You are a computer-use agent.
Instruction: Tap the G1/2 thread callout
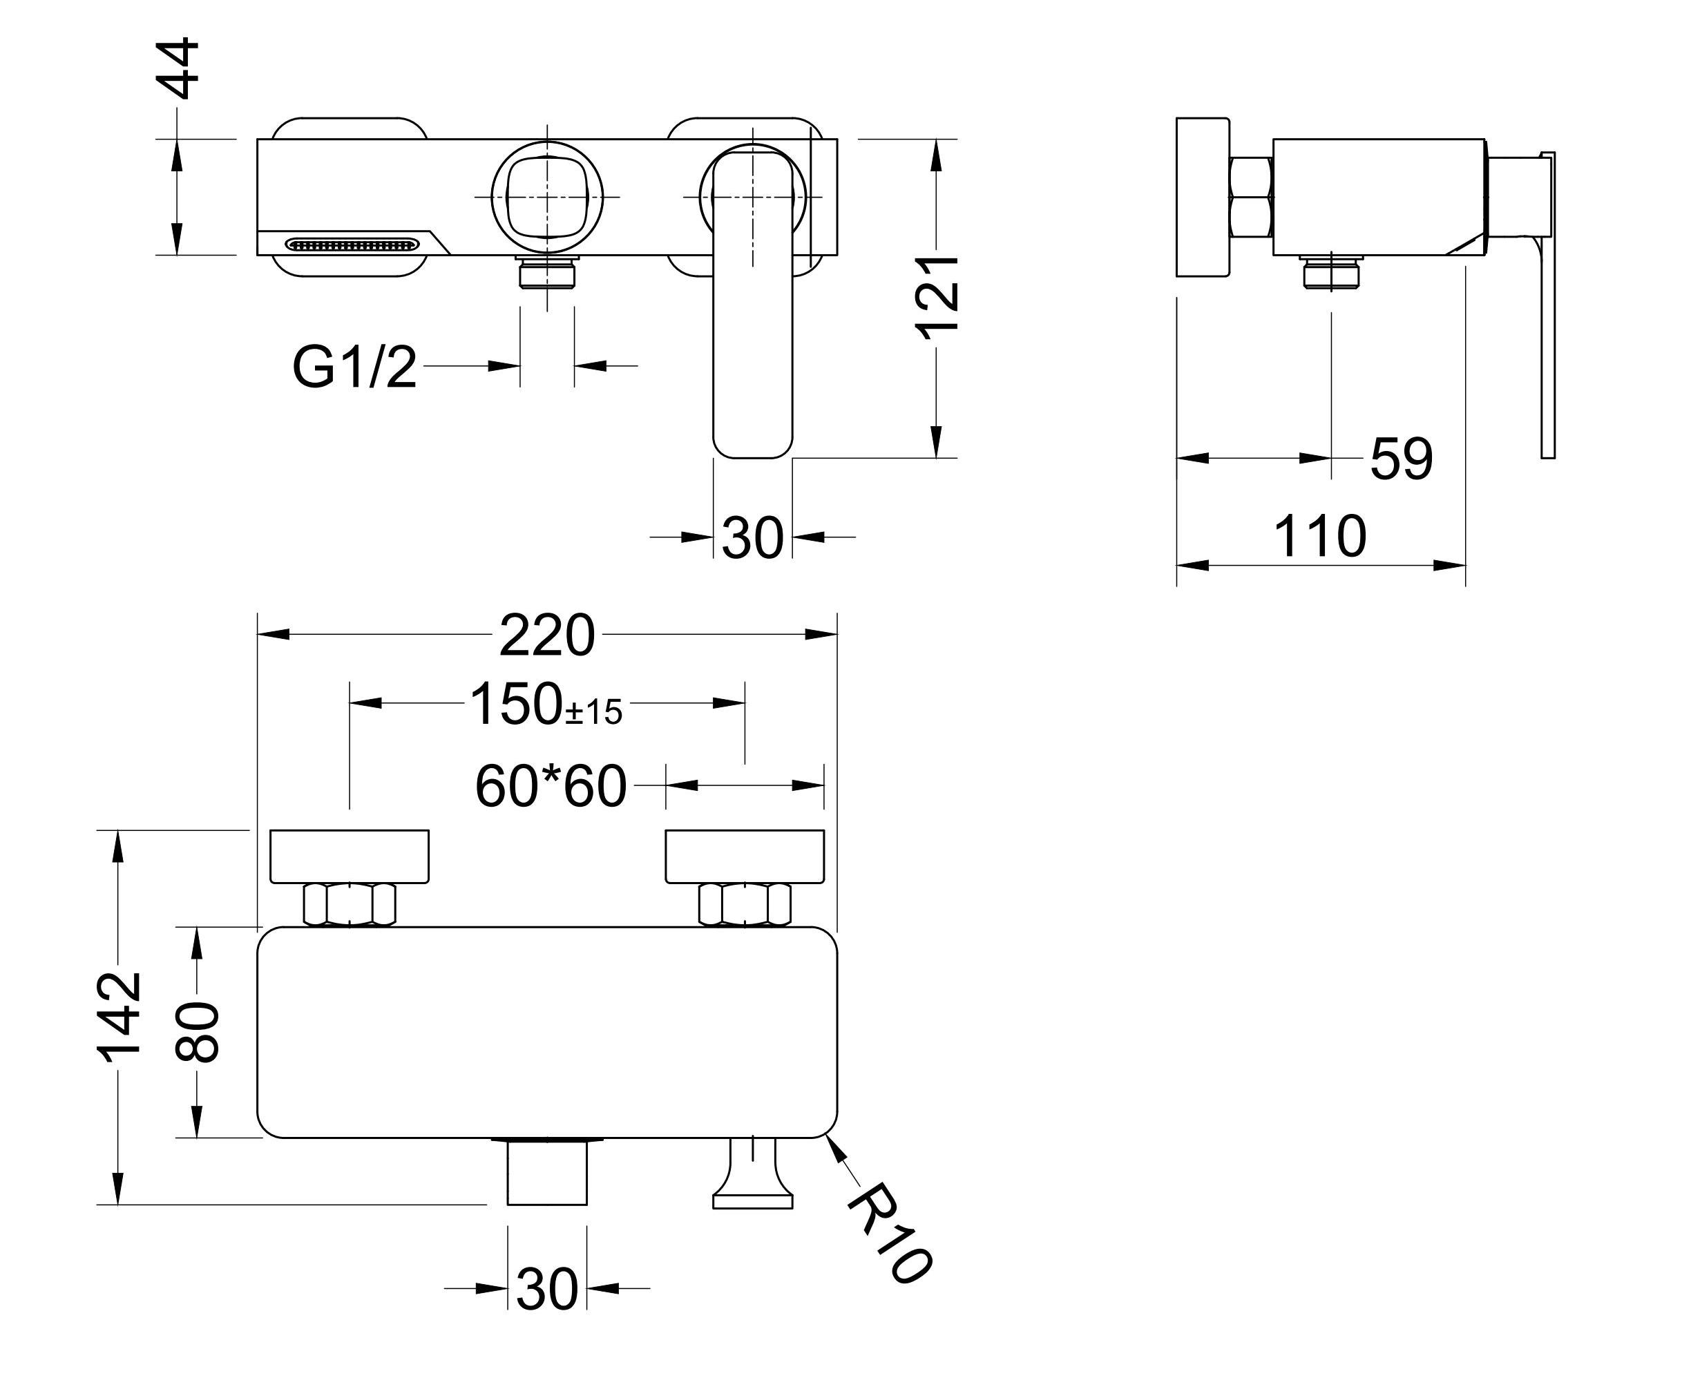coord(354,367)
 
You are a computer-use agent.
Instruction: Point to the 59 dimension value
coord(1401,459)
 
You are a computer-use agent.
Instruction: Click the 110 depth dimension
coord(1319,537)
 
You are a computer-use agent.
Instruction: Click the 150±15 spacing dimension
coord(546,705)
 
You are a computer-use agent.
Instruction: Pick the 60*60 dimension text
coord(550,787)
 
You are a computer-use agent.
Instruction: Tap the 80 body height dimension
coord(197,1032)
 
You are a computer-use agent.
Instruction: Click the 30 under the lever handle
coord(752,538)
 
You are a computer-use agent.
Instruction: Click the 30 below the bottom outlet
coord(547,1312)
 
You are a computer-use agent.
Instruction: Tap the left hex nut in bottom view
coord(350,905)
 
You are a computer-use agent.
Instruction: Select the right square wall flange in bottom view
coord(744,856)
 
